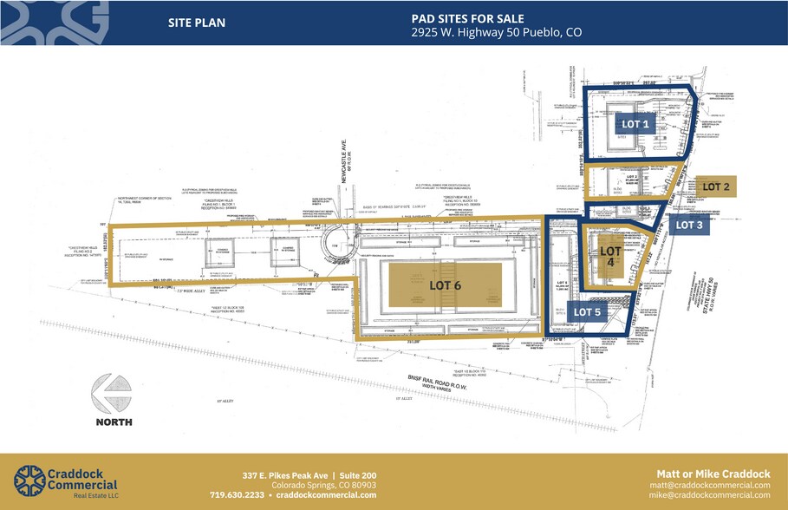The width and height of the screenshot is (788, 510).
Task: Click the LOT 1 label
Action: (635, 124)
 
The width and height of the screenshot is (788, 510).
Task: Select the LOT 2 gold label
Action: (716, 186)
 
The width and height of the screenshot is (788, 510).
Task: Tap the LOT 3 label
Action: (689, 226)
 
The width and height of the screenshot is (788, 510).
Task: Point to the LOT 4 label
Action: (611, 256)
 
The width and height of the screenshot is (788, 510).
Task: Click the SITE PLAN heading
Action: (197, 23)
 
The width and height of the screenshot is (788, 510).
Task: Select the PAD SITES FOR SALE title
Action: (457, 16)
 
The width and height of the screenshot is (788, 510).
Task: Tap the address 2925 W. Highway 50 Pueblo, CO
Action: (496, 32)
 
